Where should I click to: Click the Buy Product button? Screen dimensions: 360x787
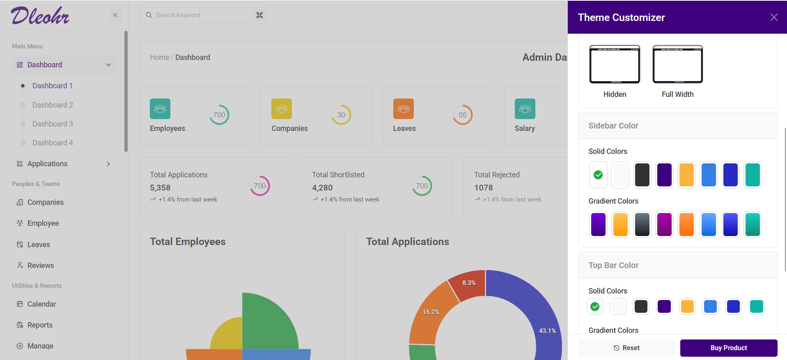[728, 348]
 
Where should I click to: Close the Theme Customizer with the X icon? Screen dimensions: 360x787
[773, 17]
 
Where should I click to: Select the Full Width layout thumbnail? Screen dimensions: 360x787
[677, 64]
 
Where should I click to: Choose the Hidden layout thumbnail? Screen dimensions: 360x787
[615, 64]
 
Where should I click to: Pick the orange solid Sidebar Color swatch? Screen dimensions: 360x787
[686, 175]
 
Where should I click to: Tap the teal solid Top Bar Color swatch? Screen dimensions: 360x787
[756, 306]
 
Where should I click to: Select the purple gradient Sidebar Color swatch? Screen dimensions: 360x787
[598, 225]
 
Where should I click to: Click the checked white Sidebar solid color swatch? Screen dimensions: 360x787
[598, 175]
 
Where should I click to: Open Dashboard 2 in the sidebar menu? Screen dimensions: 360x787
[53, 105]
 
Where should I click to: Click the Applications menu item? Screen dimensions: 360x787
[47, 164]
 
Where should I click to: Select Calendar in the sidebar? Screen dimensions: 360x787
[41, 304]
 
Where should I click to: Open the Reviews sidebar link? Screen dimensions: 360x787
[41, 266]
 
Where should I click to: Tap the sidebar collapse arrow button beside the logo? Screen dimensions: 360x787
[115, 15]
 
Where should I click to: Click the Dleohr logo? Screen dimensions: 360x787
[40, 16]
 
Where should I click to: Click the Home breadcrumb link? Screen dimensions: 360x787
[159, 57]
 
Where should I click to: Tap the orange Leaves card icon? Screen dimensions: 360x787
[403, 109]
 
